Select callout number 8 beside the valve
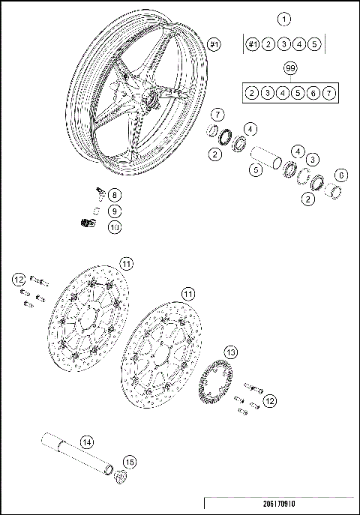coord(113,194)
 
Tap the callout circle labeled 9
coord(113,211)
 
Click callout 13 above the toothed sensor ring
coord(231,352)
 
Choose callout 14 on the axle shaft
coord(86,442)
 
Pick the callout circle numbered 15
coord(128,463)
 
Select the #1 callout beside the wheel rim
coord(214,46)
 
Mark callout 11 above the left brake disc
coord(127,263)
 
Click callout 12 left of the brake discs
coord(19,280)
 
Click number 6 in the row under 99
coord(313,93)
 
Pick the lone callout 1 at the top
coord(283,18)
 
